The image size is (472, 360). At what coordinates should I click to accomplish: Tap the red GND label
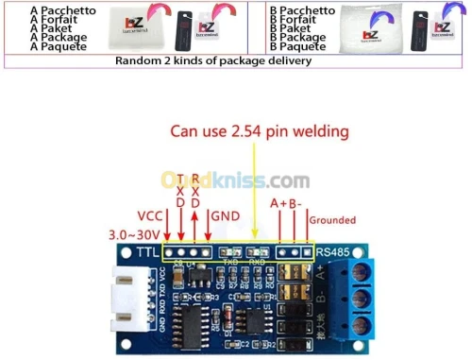[225, 216]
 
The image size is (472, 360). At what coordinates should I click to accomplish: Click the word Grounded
[332, 220]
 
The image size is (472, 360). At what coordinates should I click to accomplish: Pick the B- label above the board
[295, 202]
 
